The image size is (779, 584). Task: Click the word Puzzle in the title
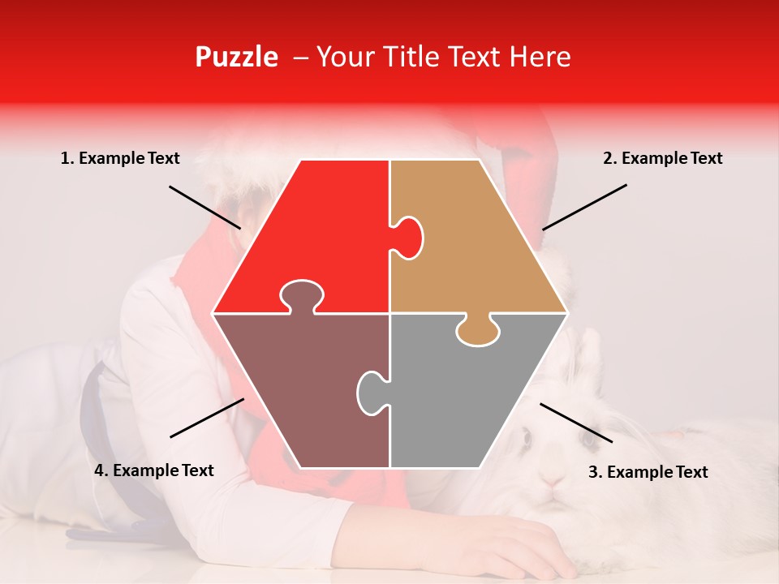(x=236, y=57)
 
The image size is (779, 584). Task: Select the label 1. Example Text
(x=120, y=158)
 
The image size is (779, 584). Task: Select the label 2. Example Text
(x=662, y=158)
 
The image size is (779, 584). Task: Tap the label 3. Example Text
(x=648, y=472)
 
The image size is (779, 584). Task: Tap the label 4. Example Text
(x=154, y=470)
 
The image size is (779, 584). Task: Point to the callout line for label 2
(x=584, y=207)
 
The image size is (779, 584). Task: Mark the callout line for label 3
(x=576, y=423)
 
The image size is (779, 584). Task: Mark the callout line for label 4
(x=207, y=418)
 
